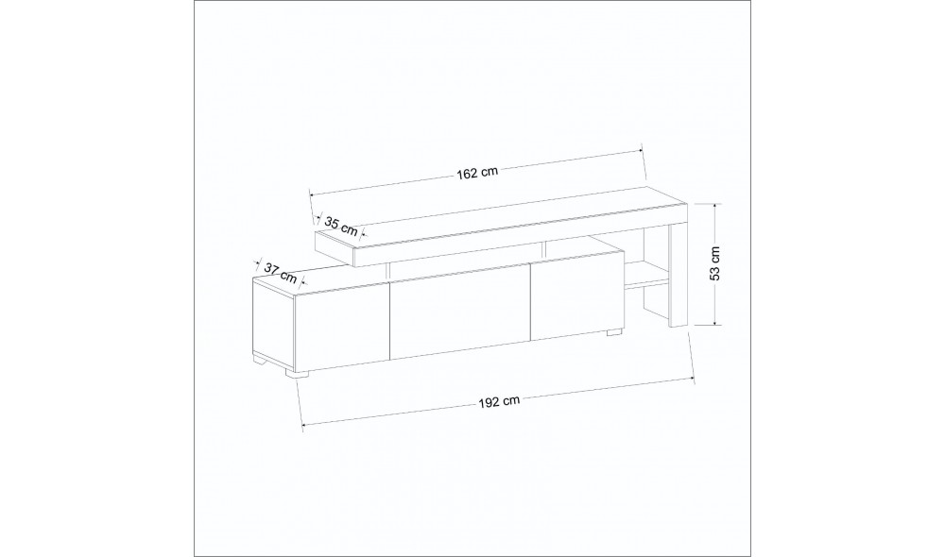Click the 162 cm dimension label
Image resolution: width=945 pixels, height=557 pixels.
coord(477,173)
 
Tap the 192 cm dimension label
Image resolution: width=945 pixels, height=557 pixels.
coord(499,401)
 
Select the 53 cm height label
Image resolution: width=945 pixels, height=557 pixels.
coord(714,263)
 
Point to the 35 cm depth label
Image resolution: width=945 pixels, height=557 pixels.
coord(341,226)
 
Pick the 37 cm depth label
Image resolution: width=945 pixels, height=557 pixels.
coord(281,274)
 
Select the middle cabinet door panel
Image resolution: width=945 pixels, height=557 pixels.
coord(461,311)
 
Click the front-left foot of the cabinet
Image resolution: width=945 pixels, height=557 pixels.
coord(297,373)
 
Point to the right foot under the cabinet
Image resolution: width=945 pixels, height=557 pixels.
coord(614,332)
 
